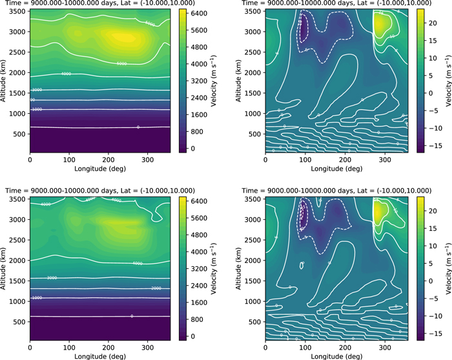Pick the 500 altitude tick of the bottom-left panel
pyautogui.click(x=20, y=322)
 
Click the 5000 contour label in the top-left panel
pyautogui.click(x=121, y=63)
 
